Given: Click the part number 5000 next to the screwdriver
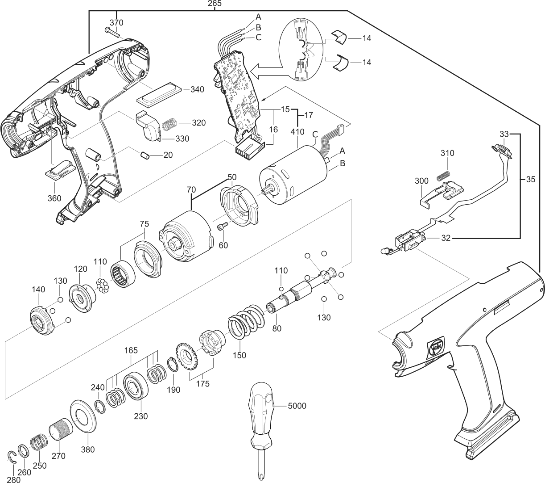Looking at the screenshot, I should [297, 406].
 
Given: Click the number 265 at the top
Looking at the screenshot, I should [215, 4].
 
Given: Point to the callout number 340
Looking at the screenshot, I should [197, 89].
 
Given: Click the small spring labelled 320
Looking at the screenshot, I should [168, 123].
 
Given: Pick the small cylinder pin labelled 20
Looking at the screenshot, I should [144, 156].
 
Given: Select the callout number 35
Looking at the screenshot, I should [531, 181].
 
